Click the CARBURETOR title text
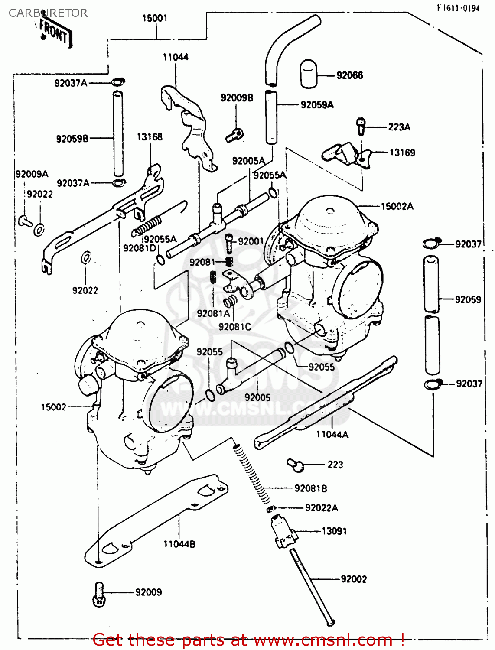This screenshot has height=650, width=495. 48,13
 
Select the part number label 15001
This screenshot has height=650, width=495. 154,18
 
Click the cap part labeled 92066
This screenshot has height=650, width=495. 308,74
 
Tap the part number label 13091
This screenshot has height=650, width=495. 334,531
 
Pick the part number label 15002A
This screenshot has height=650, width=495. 397,206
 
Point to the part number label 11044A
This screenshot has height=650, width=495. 332,434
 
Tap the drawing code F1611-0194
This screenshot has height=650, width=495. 458,8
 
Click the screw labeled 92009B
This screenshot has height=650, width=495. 234,135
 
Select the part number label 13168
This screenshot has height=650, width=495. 150,137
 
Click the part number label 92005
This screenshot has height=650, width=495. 257,397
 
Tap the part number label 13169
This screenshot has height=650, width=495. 402,153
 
